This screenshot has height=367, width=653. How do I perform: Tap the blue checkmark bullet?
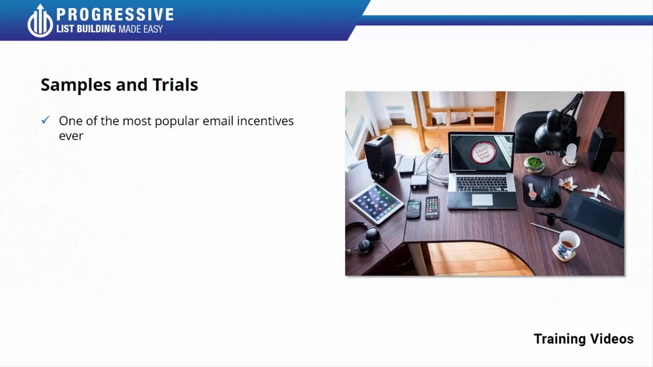[x=45, y=120]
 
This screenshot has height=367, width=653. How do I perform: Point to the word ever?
[x=71, y=136]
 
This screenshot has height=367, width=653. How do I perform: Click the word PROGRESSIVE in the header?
[x=115, y=14]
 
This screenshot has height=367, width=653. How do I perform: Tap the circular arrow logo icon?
[x=40, y=21]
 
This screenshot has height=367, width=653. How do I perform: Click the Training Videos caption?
[x=583, y=339]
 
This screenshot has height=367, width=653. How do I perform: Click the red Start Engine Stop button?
[x=482, y=153]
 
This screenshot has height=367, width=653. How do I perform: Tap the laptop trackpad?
[x=482, y=200]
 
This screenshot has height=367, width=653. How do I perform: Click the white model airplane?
[x=596, y=192]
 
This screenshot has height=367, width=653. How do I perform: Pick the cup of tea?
[x=567, y=244]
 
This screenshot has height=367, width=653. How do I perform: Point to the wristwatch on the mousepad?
[x=533, y=191]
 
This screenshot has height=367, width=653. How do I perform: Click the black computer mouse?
[x=548, y=193]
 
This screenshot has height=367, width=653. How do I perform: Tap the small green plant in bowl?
[x=534, y=164]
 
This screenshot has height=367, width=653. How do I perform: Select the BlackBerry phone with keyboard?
[x=414, y=208]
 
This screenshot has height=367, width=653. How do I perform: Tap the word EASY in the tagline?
[x=153, y=29]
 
